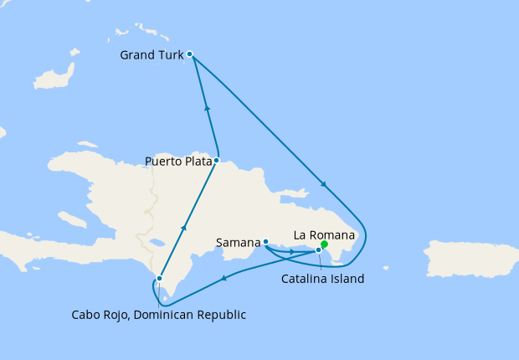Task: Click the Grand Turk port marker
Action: click(x=190, y=54)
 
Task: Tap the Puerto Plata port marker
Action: click(x=216, y=160)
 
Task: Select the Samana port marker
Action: click(x=265, y=242)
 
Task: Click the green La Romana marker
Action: click(x=324, y=244)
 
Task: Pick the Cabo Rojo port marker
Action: click(x=159, y=279)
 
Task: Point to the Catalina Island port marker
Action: click(x=318, y=249)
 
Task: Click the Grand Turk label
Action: click(x=152, y=56)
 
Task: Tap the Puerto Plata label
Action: click(x=177, y=161)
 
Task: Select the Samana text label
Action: click(x=238, y=243)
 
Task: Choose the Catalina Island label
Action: click(x=322, y=279)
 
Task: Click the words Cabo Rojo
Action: click(x=99, y=315)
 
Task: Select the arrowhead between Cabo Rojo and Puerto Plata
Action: click(x=184, y=227)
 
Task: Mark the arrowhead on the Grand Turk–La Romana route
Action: click(x=323, y=184)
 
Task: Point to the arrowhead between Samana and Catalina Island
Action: click(x=291, y=251)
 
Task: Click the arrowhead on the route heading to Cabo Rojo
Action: click(x=224, y=279)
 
